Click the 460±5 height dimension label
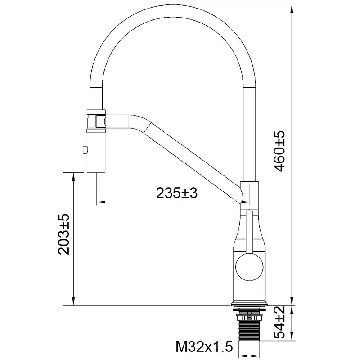coord(279,152)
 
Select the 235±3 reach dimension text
coord(177,193)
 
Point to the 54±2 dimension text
coord(279,323)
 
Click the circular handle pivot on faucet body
coord(248,266)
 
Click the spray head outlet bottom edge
coord(96,171)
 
